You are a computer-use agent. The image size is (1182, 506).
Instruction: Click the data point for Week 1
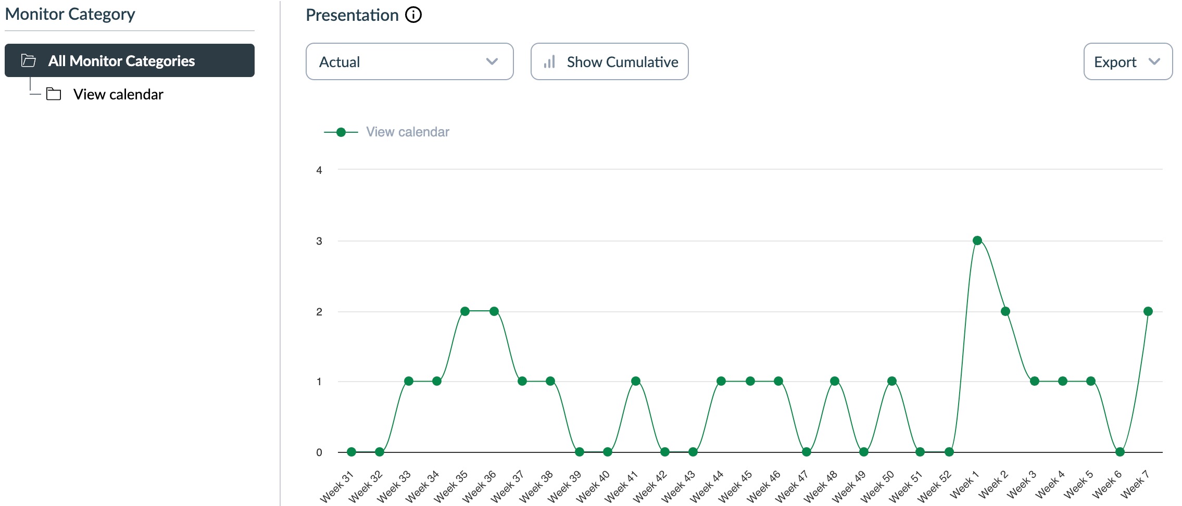(977, 241)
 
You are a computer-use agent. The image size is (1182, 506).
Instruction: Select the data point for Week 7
(1148, 311)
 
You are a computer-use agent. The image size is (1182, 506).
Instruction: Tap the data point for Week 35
(465, 311)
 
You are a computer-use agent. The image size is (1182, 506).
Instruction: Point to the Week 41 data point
(635, 381)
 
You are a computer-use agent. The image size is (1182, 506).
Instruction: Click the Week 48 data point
(835, 381)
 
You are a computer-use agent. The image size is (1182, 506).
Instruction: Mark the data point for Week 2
(1005, 311)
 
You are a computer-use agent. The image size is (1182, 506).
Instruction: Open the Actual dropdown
(409, 61)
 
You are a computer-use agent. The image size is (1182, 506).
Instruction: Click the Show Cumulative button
(609, 61)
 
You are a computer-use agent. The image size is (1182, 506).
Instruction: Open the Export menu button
(1127, 61)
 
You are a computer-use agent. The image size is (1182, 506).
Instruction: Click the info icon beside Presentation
(413, 15)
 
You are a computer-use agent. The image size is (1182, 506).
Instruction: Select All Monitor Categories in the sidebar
(129, 60)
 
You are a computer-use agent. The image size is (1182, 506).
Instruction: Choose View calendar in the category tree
(118, 94)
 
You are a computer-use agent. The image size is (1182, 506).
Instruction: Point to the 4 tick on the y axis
(319, 170)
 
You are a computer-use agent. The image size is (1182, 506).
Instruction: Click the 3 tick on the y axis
(319, 241)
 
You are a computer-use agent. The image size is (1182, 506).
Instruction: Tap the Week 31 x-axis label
(337, 487)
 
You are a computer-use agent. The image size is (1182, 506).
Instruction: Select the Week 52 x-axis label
(934, 487)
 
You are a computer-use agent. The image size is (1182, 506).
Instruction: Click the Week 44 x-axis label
(707, 487)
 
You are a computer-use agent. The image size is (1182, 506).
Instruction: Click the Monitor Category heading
(70, 14)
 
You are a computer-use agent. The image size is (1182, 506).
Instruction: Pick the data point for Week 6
(1120, 452)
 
